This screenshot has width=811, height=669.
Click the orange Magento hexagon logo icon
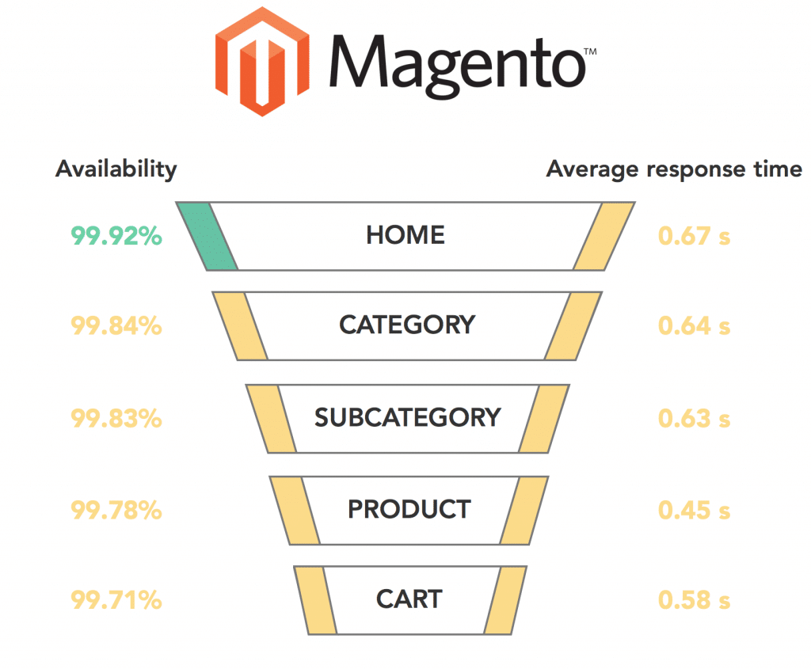point(262,62)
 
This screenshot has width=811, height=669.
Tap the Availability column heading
point(116,169)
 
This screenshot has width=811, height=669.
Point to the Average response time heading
point(674,169)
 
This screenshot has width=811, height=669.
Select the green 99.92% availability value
point(116,236)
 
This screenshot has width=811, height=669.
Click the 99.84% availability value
point(116,325)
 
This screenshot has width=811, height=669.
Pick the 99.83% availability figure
point(116,418)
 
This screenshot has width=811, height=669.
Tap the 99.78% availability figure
point(116,510)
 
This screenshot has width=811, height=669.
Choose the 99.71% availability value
point(116,599)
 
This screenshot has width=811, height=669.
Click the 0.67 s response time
point(694,236)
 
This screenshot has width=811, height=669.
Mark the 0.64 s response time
point(694,325)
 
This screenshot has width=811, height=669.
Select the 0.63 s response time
point(694,418)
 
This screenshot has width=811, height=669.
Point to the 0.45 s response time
point(694,510)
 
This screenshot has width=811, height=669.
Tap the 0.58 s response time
point(694,599)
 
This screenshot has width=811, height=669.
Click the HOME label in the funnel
point(405,235)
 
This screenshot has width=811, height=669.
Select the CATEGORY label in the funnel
point(407,325)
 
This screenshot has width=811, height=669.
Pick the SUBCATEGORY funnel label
point(408,417)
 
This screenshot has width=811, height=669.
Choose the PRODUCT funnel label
point(409,509)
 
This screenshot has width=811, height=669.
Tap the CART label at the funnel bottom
point(409,599)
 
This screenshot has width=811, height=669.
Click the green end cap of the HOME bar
point(207,236)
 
